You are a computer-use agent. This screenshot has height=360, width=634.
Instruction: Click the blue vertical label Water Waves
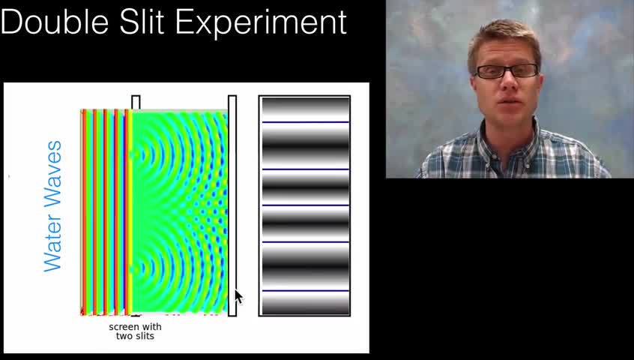point(52,206)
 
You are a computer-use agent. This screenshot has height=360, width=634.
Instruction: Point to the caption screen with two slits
point(135,331)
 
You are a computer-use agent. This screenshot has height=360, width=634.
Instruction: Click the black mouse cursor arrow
point(239,297)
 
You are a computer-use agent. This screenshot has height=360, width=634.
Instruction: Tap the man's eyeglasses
point(507,71)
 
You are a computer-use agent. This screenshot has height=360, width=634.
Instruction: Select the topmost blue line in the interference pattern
point(306,121)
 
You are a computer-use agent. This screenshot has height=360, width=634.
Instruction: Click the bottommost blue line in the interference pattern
point(306,291)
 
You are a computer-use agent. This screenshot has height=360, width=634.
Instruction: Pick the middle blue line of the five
point(306,205)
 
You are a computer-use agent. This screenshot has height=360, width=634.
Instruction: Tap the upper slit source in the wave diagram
point(132,154)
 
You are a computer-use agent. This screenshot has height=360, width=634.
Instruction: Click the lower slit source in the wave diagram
point(132,268)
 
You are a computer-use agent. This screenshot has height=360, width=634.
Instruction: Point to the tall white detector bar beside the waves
point(232,205)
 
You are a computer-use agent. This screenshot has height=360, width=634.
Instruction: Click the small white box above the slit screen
point(136,102)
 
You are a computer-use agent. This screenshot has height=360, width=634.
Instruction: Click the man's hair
point(504,40)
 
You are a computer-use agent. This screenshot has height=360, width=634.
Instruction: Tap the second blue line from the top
point(306,169)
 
